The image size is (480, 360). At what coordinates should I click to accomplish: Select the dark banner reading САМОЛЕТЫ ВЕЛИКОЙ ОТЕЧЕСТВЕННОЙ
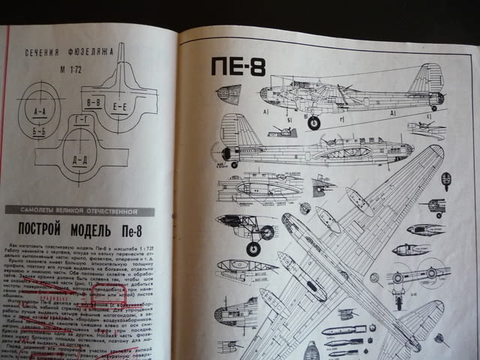78,211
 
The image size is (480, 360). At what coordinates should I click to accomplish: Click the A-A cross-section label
40,113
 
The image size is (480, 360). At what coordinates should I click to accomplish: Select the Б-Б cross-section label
40,130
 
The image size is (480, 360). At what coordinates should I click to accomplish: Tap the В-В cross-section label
94,102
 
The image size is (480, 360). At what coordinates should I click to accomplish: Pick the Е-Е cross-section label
120,106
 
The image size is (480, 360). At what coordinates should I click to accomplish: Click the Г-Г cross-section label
82,121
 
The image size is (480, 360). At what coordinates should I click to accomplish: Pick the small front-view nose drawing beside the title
228,94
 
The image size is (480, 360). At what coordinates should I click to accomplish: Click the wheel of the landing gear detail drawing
266,232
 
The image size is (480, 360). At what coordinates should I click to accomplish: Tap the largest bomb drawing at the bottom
343,330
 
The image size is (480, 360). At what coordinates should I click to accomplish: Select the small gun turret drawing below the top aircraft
282,131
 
